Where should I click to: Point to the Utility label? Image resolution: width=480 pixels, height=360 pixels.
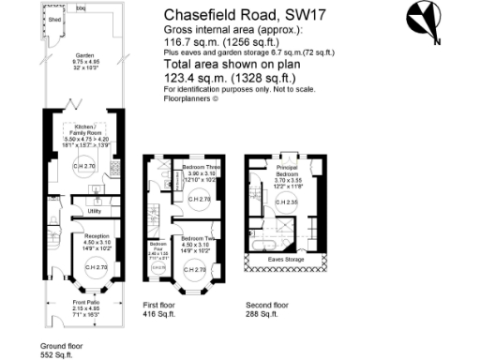pos(94,211)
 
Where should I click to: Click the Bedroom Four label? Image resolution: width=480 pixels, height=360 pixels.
pos(157,244)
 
